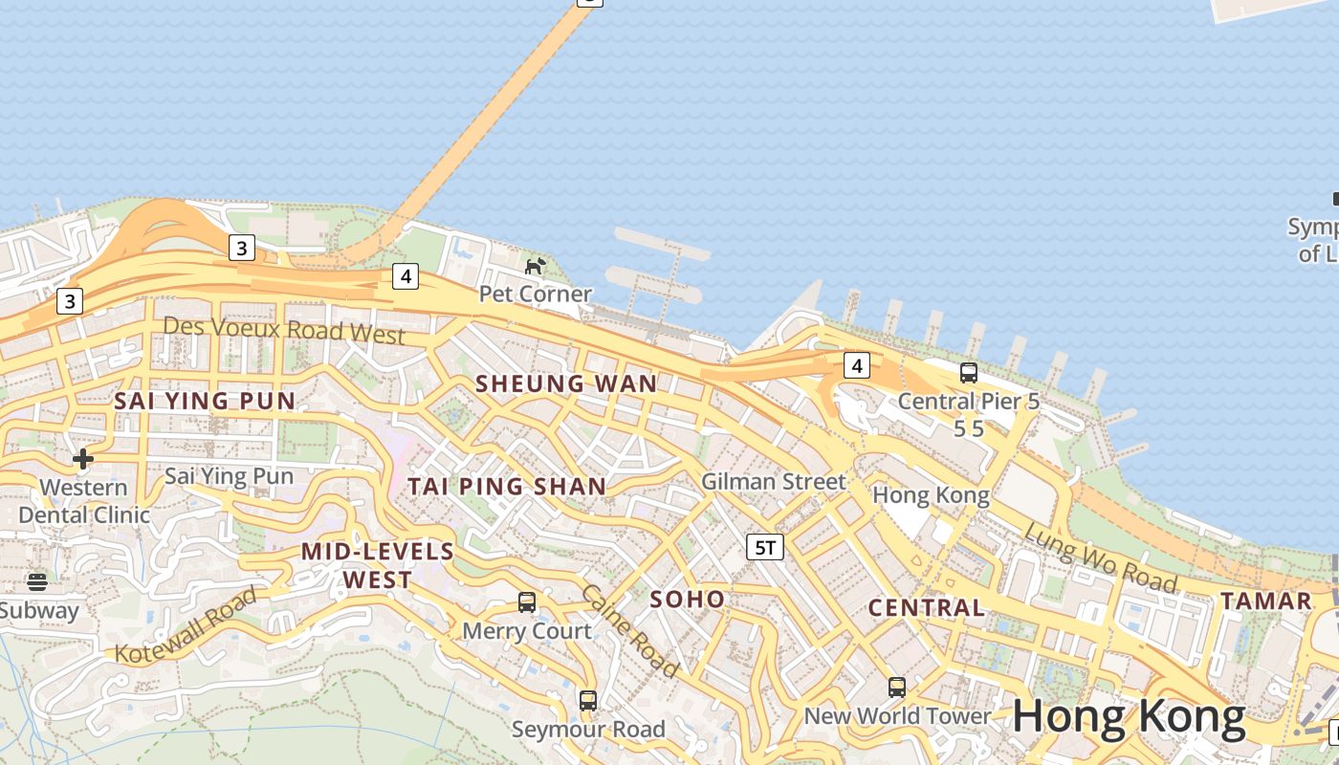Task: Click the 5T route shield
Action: coord(765,547)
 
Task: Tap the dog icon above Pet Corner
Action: coord(535,265)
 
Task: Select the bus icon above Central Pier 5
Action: coord(968,373)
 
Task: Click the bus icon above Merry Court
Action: coord(526,602)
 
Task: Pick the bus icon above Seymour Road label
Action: coord(587,701)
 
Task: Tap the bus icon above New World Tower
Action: coord(896,687)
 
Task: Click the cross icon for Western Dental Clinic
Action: coord(83,459)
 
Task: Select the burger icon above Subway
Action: coord(37,581)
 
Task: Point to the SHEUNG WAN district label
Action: coord(566,383)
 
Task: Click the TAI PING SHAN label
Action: coord(507,486)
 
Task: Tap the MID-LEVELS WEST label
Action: coord(378,565)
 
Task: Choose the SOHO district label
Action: coord(687,600)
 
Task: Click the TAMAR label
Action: coord(1266,601)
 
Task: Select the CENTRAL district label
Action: coord(926,607)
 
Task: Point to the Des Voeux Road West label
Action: coord(284,330)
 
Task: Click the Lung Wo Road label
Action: coord(1100,557)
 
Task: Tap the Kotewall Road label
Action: coord(187,625)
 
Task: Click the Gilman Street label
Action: coord(774,481)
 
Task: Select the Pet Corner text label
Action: coord(535,294)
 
